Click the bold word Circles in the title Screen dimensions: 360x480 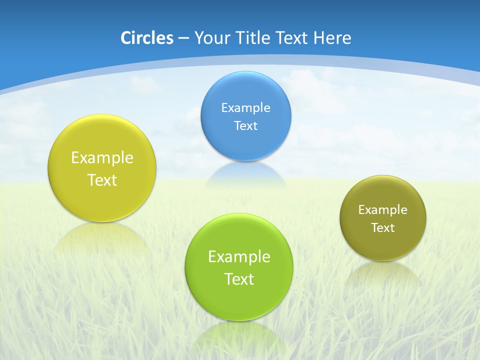click(x=147, y=38)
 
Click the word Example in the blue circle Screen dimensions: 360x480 click(x=246, y=108)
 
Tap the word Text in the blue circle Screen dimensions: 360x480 click(x=246, y=126)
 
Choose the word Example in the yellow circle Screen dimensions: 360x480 click(x=102, y=158)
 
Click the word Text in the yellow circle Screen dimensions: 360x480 click(x=102, y=180)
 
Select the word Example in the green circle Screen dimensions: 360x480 click(x=239, y=257)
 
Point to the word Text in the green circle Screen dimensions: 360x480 click(x=239, y=279)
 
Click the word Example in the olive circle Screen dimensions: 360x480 click(x=383, y=210)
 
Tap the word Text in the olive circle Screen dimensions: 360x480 click(x=383, y=228)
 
